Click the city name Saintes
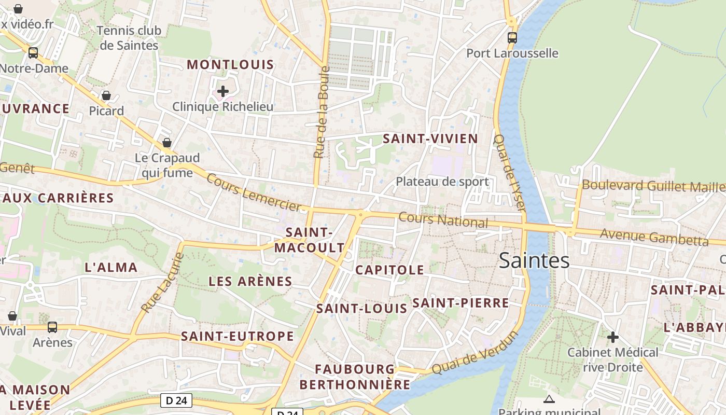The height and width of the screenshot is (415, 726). [x=534, y=260]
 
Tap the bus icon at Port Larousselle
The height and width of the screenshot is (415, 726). [x=512, y=37]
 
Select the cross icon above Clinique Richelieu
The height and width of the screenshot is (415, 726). [x=223, y=92]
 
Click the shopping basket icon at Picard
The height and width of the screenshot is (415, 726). [x=106, y=95]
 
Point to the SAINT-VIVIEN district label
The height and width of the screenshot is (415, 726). [x=430, y=139]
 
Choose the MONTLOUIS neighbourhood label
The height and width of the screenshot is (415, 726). [x=230, y=65]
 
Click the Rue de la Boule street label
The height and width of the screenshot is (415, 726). [x=322, y=112]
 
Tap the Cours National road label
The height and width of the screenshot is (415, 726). [x=443, y=220]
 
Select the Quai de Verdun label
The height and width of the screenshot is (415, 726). [x=475, y=353]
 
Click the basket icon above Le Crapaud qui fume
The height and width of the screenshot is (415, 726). [x=167, y=142]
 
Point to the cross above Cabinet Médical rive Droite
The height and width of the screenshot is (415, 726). [x=613, y=337]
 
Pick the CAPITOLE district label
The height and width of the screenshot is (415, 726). [x=389, y=270]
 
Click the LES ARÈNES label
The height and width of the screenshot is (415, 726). [x=250, y=282]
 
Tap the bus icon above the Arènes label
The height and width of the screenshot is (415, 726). [x=52, y=327]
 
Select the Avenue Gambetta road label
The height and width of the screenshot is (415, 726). [x=654, y=237]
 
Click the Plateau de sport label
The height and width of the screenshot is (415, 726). [x=442, y=182]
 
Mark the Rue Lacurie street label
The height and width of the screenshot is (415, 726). [x=162, y=283]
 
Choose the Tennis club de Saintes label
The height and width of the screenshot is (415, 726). [x=129, y=38]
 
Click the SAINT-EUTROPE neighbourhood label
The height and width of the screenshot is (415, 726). [x=238, y=336]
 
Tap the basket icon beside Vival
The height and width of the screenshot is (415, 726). [x=12, y=316]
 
